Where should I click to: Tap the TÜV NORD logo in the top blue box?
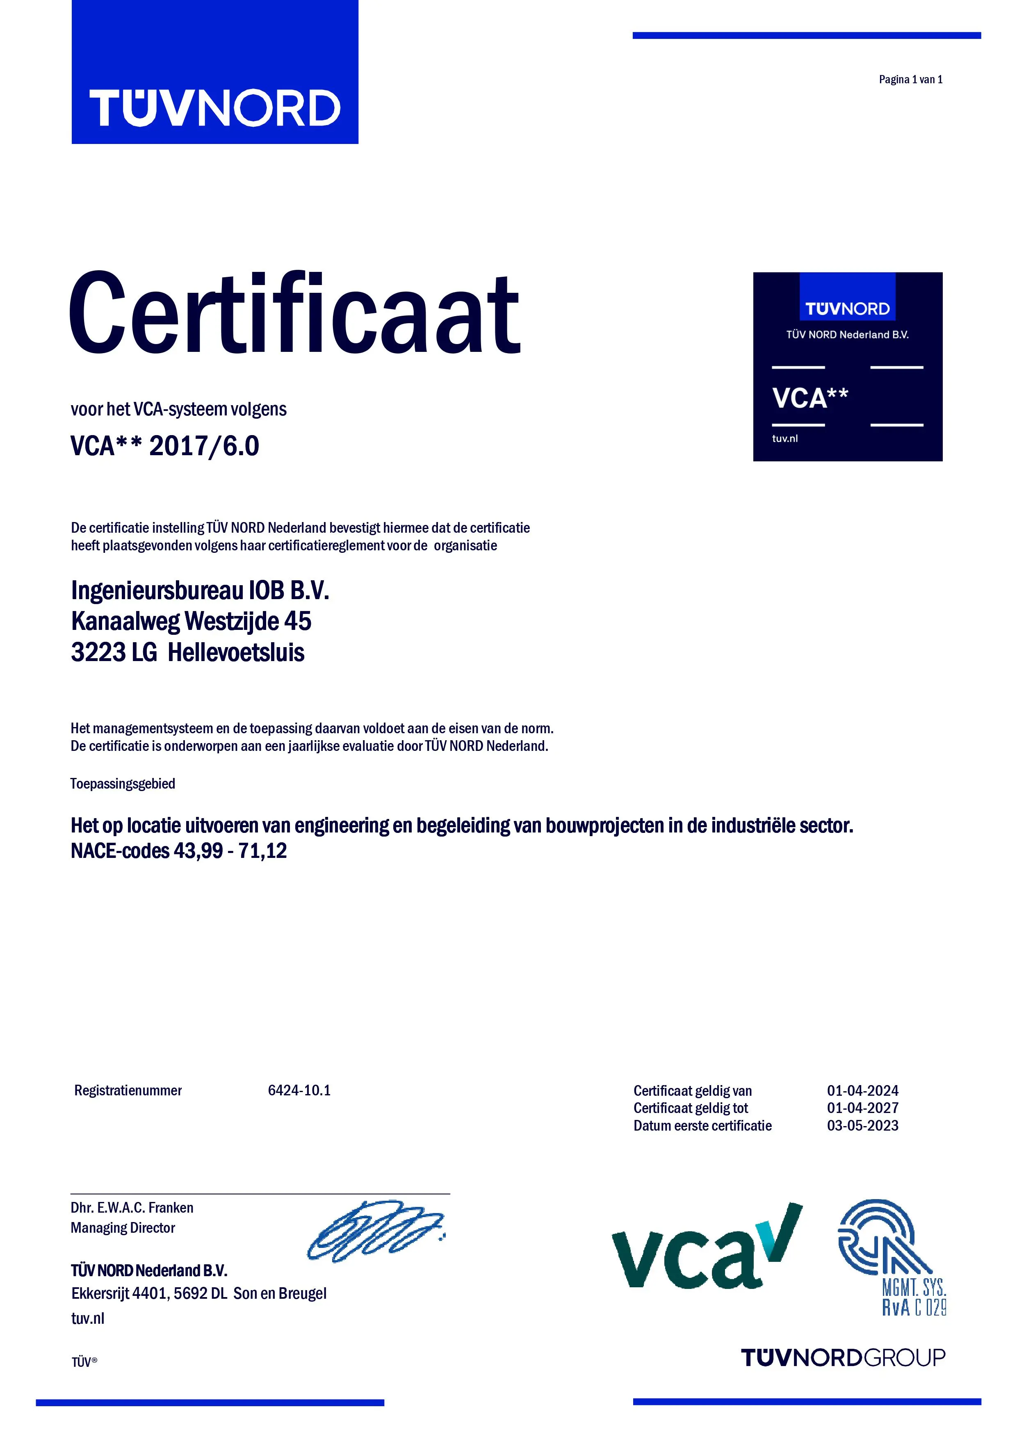click(214, 108)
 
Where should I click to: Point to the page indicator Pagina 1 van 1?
click(910, 80)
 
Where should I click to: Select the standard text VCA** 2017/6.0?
click(165, 446)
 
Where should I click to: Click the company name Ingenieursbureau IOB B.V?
click(200, 591)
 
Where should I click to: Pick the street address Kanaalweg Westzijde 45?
click(191, 621)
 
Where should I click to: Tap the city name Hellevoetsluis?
click(236, 652)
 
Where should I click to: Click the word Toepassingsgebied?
click(123, 783)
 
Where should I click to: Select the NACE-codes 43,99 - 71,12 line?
click(178, 851)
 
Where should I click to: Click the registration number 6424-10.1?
click(299, 1090)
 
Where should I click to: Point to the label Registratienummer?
click(128, 1090)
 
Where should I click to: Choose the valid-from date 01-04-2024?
click(862, 1090)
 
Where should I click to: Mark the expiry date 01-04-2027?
click(862, 1108)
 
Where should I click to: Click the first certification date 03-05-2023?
click(862, 1126)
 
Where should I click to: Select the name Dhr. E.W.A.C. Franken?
click(132, 1208)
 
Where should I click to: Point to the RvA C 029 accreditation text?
click(914, 1307)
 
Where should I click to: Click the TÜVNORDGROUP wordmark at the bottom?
click(843, 1357)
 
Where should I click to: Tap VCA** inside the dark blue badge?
click(809, 398)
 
